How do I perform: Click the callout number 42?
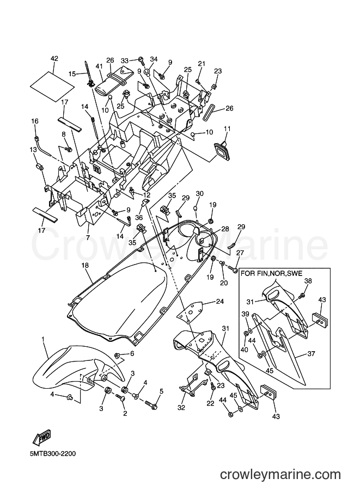[x=54, y=59]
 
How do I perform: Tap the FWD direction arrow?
[x=41, y=438]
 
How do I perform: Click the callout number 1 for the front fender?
[x=43, y=340]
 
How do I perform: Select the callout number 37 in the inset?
[x=311, y=353]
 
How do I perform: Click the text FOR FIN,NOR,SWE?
[x=272, y=273]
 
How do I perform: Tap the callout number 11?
[x=227, y=128]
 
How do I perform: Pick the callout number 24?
[x=219, y=301]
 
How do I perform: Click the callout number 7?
[x=88, y=237]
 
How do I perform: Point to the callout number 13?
[x=34, y=149]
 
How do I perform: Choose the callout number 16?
[x=34, y=121]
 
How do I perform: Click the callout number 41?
[x=99, y=66]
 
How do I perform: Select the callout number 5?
[x=161, y=391]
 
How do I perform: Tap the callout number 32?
[x=181, y=407]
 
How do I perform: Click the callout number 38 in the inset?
[x=308, y=280]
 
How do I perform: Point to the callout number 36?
[x=138, y=217]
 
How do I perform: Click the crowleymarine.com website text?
[x=280, y=475]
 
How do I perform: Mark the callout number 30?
[x=199, y=194]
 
